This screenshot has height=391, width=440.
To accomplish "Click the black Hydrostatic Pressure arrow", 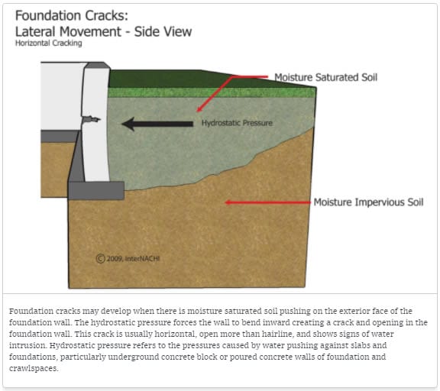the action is [x=157, y=124].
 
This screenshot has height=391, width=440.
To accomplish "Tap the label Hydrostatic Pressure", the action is [x=237, y=123].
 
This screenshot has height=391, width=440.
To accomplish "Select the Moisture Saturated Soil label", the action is [x=325, y=77].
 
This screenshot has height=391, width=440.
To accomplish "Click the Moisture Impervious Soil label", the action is [x=368, y=202].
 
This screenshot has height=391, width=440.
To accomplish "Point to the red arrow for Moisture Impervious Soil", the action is [x=268, y=202].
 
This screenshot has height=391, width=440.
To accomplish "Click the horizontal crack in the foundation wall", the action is [x=91, y=119].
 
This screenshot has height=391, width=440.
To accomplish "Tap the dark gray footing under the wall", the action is [x=96, y=190].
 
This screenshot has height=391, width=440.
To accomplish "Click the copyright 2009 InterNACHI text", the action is [x=128, y=258].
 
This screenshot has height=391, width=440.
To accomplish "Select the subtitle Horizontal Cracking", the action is [x=49, y=44].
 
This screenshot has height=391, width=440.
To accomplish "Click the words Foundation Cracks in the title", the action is [x=72, y=15].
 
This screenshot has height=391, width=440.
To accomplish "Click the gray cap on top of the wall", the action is [x=97, y=66].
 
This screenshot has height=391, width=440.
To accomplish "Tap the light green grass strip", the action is [x=212, y=92].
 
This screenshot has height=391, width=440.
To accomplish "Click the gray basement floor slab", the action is [x=60, y=136].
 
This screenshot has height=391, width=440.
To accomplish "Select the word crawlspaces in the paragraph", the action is [x=33, y=368].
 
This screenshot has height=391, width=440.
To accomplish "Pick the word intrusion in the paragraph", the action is [x=27, y=345].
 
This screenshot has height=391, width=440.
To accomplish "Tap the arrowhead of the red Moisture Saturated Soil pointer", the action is [x=199, y=109].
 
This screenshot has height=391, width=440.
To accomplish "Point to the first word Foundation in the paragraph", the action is [x=31, y=311].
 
